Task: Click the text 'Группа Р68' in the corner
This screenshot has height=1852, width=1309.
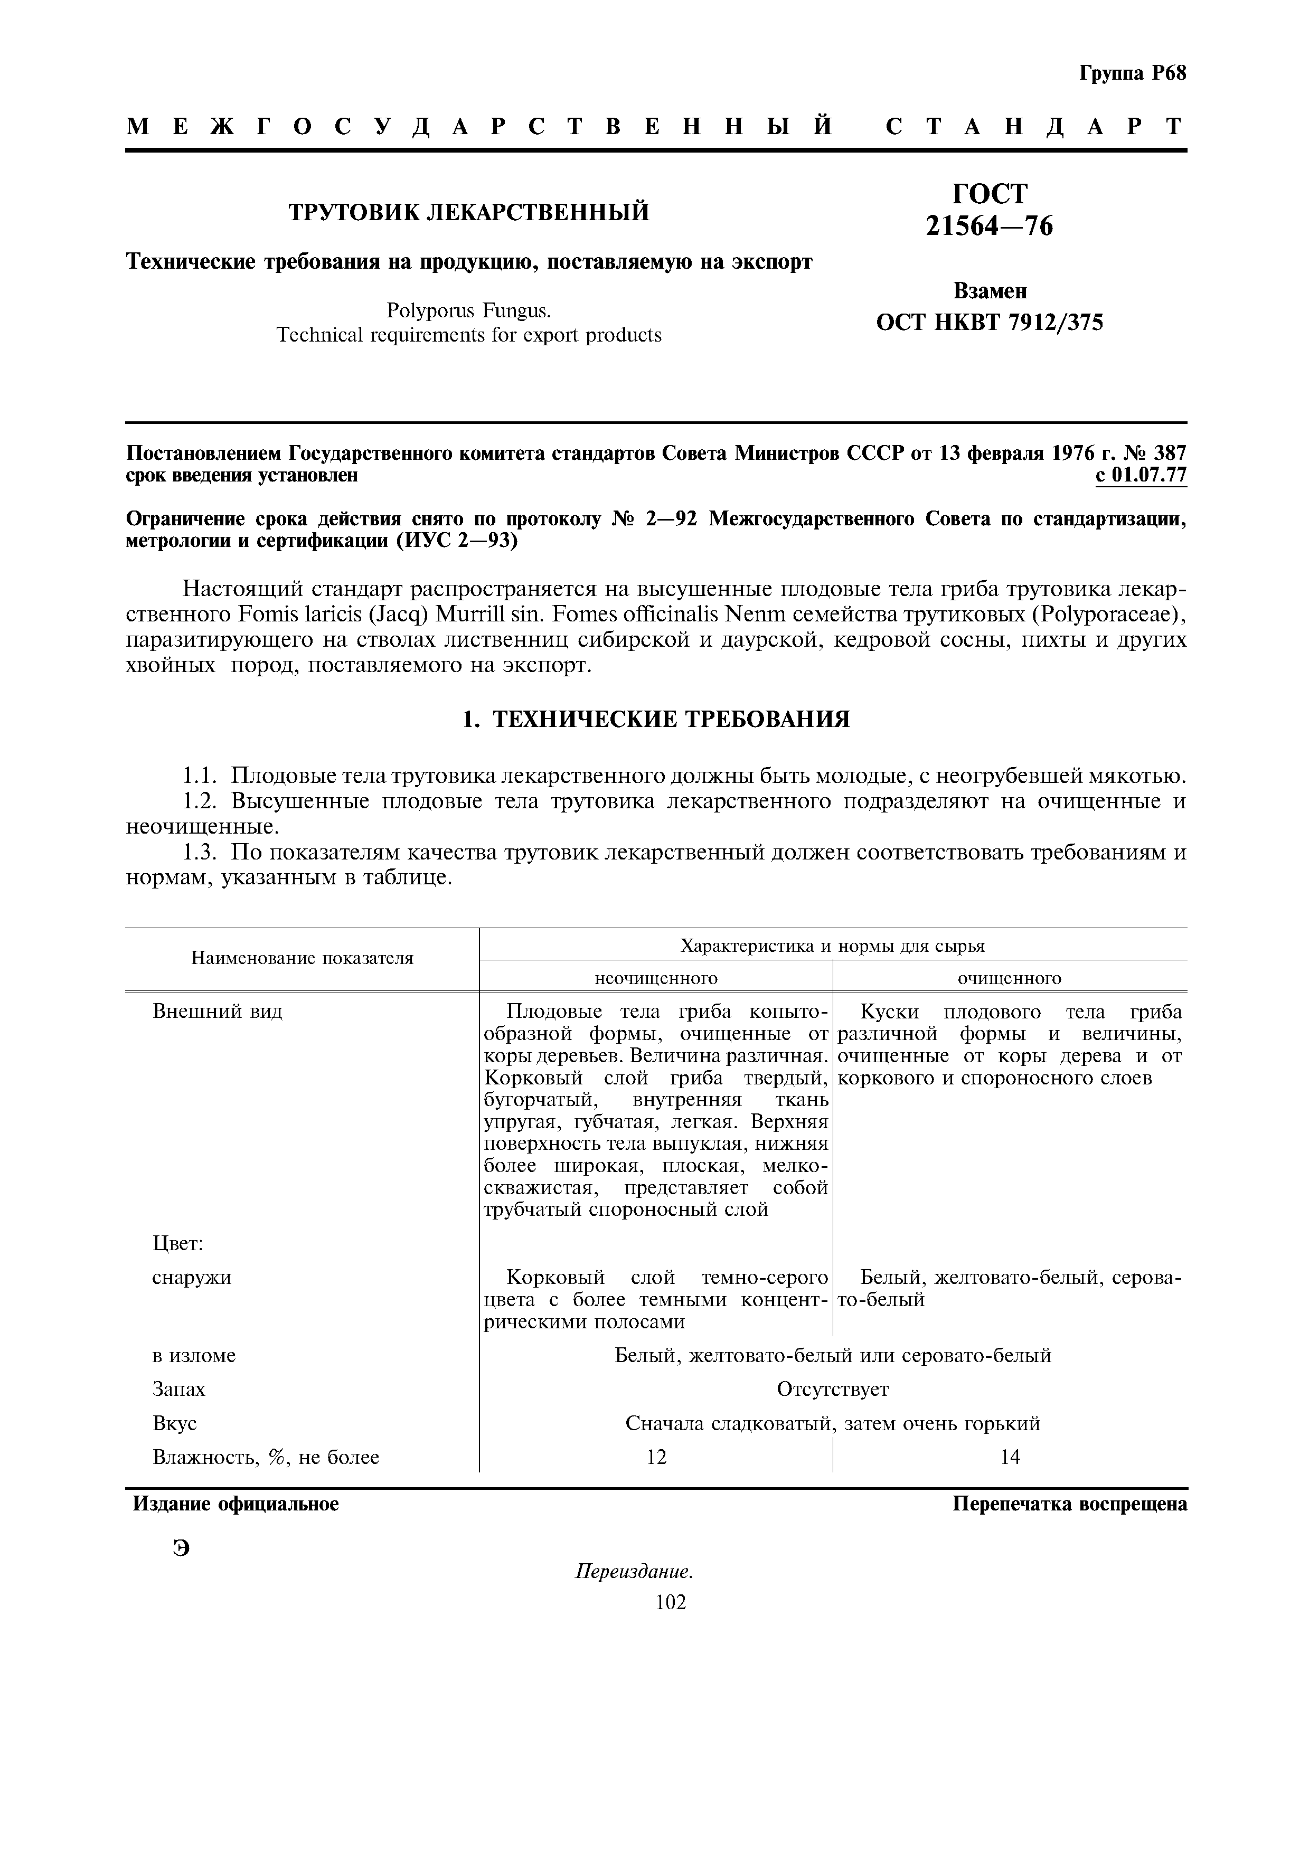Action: tap(1132, 73)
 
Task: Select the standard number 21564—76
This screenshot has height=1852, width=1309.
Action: tap(989, 226)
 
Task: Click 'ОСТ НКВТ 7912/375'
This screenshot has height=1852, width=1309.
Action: tap(989, 323)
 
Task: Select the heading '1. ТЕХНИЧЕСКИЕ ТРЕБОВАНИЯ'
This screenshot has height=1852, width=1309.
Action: tap(656, 719)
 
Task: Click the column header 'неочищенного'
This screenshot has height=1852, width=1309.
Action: tap(656, 978)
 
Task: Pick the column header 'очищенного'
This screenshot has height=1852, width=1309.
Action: tap(1009, 978)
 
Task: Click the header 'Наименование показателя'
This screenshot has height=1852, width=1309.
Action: tap(303, 958)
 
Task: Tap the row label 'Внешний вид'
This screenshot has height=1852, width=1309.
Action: tap(218, 1012)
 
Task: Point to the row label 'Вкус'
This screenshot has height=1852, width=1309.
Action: tap(175, 1424)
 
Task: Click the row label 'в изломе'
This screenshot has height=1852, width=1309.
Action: tap(194, 1355)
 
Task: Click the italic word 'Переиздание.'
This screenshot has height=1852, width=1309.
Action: tap(634, 1572)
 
